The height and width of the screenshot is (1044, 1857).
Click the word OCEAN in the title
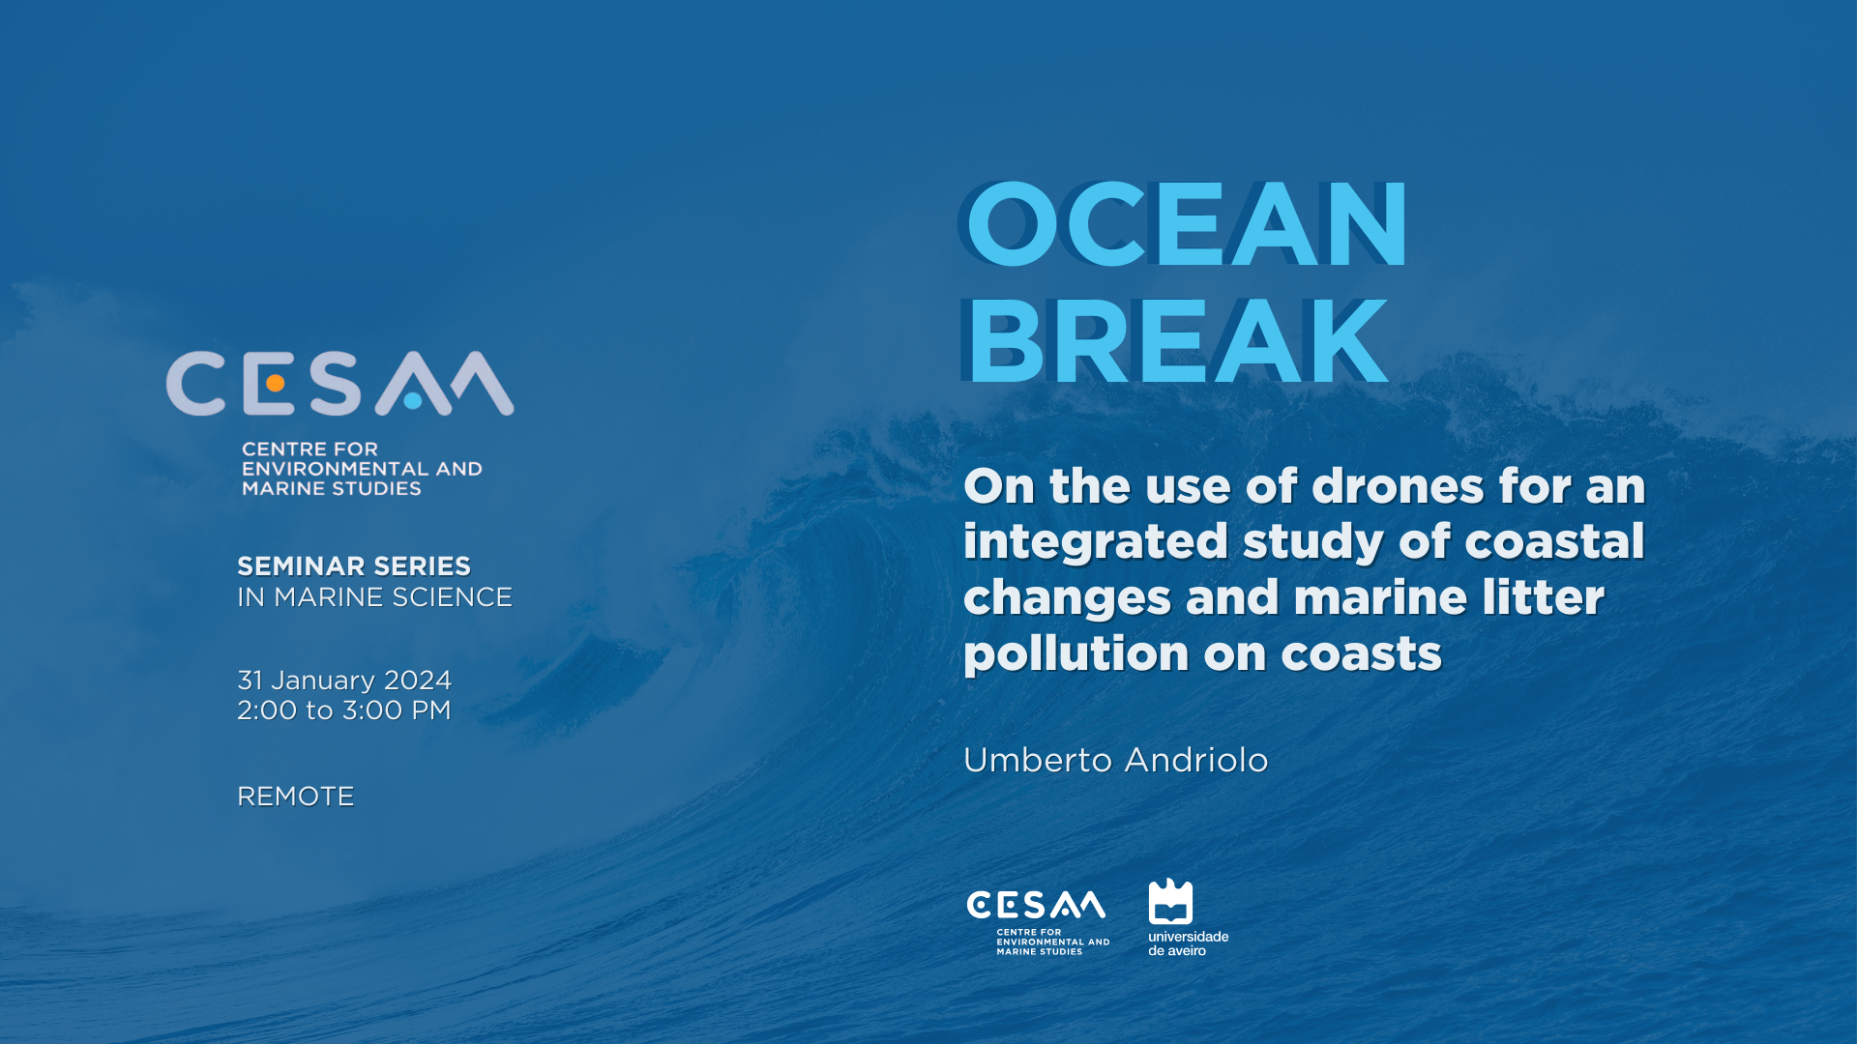click(1186, 224)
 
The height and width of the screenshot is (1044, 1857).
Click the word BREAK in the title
click(1177, 341)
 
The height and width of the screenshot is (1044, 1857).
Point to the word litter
click(1543, 596)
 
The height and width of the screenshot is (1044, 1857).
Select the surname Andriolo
click(1196, 760)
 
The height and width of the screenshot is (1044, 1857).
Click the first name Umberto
click(1038, 760)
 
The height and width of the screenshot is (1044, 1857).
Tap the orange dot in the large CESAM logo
click(275, 384)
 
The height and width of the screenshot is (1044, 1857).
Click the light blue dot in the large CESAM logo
click(413, 400)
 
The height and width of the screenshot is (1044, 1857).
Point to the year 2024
click(418, 681)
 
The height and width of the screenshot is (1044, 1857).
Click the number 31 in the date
click(250, 681)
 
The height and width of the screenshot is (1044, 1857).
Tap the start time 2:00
click(267, 710)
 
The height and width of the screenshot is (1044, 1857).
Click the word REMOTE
click(296, 797)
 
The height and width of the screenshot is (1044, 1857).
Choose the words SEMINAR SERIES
click(354, 566)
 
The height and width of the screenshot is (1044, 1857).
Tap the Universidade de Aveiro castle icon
click(1170, 901)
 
